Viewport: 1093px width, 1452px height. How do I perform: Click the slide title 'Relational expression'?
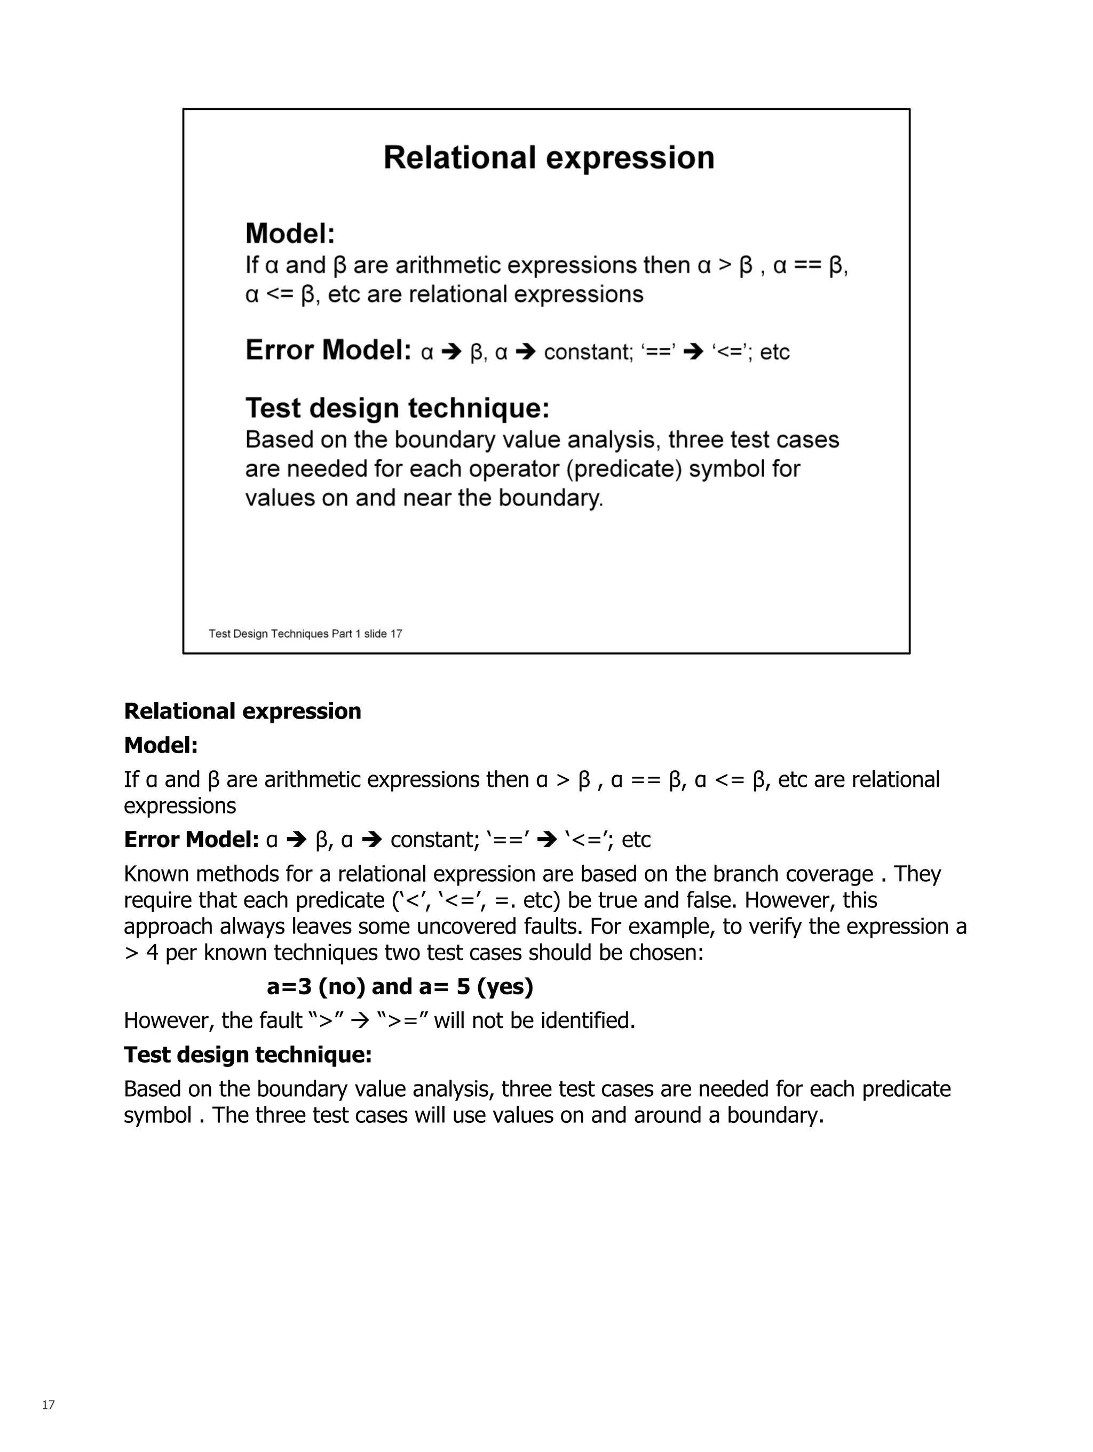click(549, 158)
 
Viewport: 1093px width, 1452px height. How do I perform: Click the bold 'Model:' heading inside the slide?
click(290, 234)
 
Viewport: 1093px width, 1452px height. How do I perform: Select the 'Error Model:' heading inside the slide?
click(328, 350)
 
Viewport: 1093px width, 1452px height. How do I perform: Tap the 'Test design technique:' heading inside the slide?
click(397, 408)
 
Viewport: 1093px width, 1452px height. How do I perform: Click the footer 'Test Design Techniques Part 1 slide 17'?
click(305, 633)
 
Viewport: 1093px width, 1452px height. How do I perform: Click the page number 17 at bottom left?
click(48, 1405)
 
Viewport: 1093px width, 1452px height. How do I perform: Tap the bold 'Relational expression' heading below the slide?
click(242, 711)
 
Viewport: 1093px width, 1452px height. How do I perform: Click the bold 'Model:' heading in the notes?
click(161, 745)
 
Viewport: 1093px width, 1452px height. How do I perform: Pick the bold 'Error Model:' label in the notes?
click(191, 840)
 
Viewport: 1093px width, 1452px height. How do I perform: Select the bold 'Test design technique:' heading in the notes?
click(248, 1055)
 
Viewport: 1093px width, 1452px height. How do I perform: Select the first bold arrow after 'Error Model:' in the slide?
click(452, 353)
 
